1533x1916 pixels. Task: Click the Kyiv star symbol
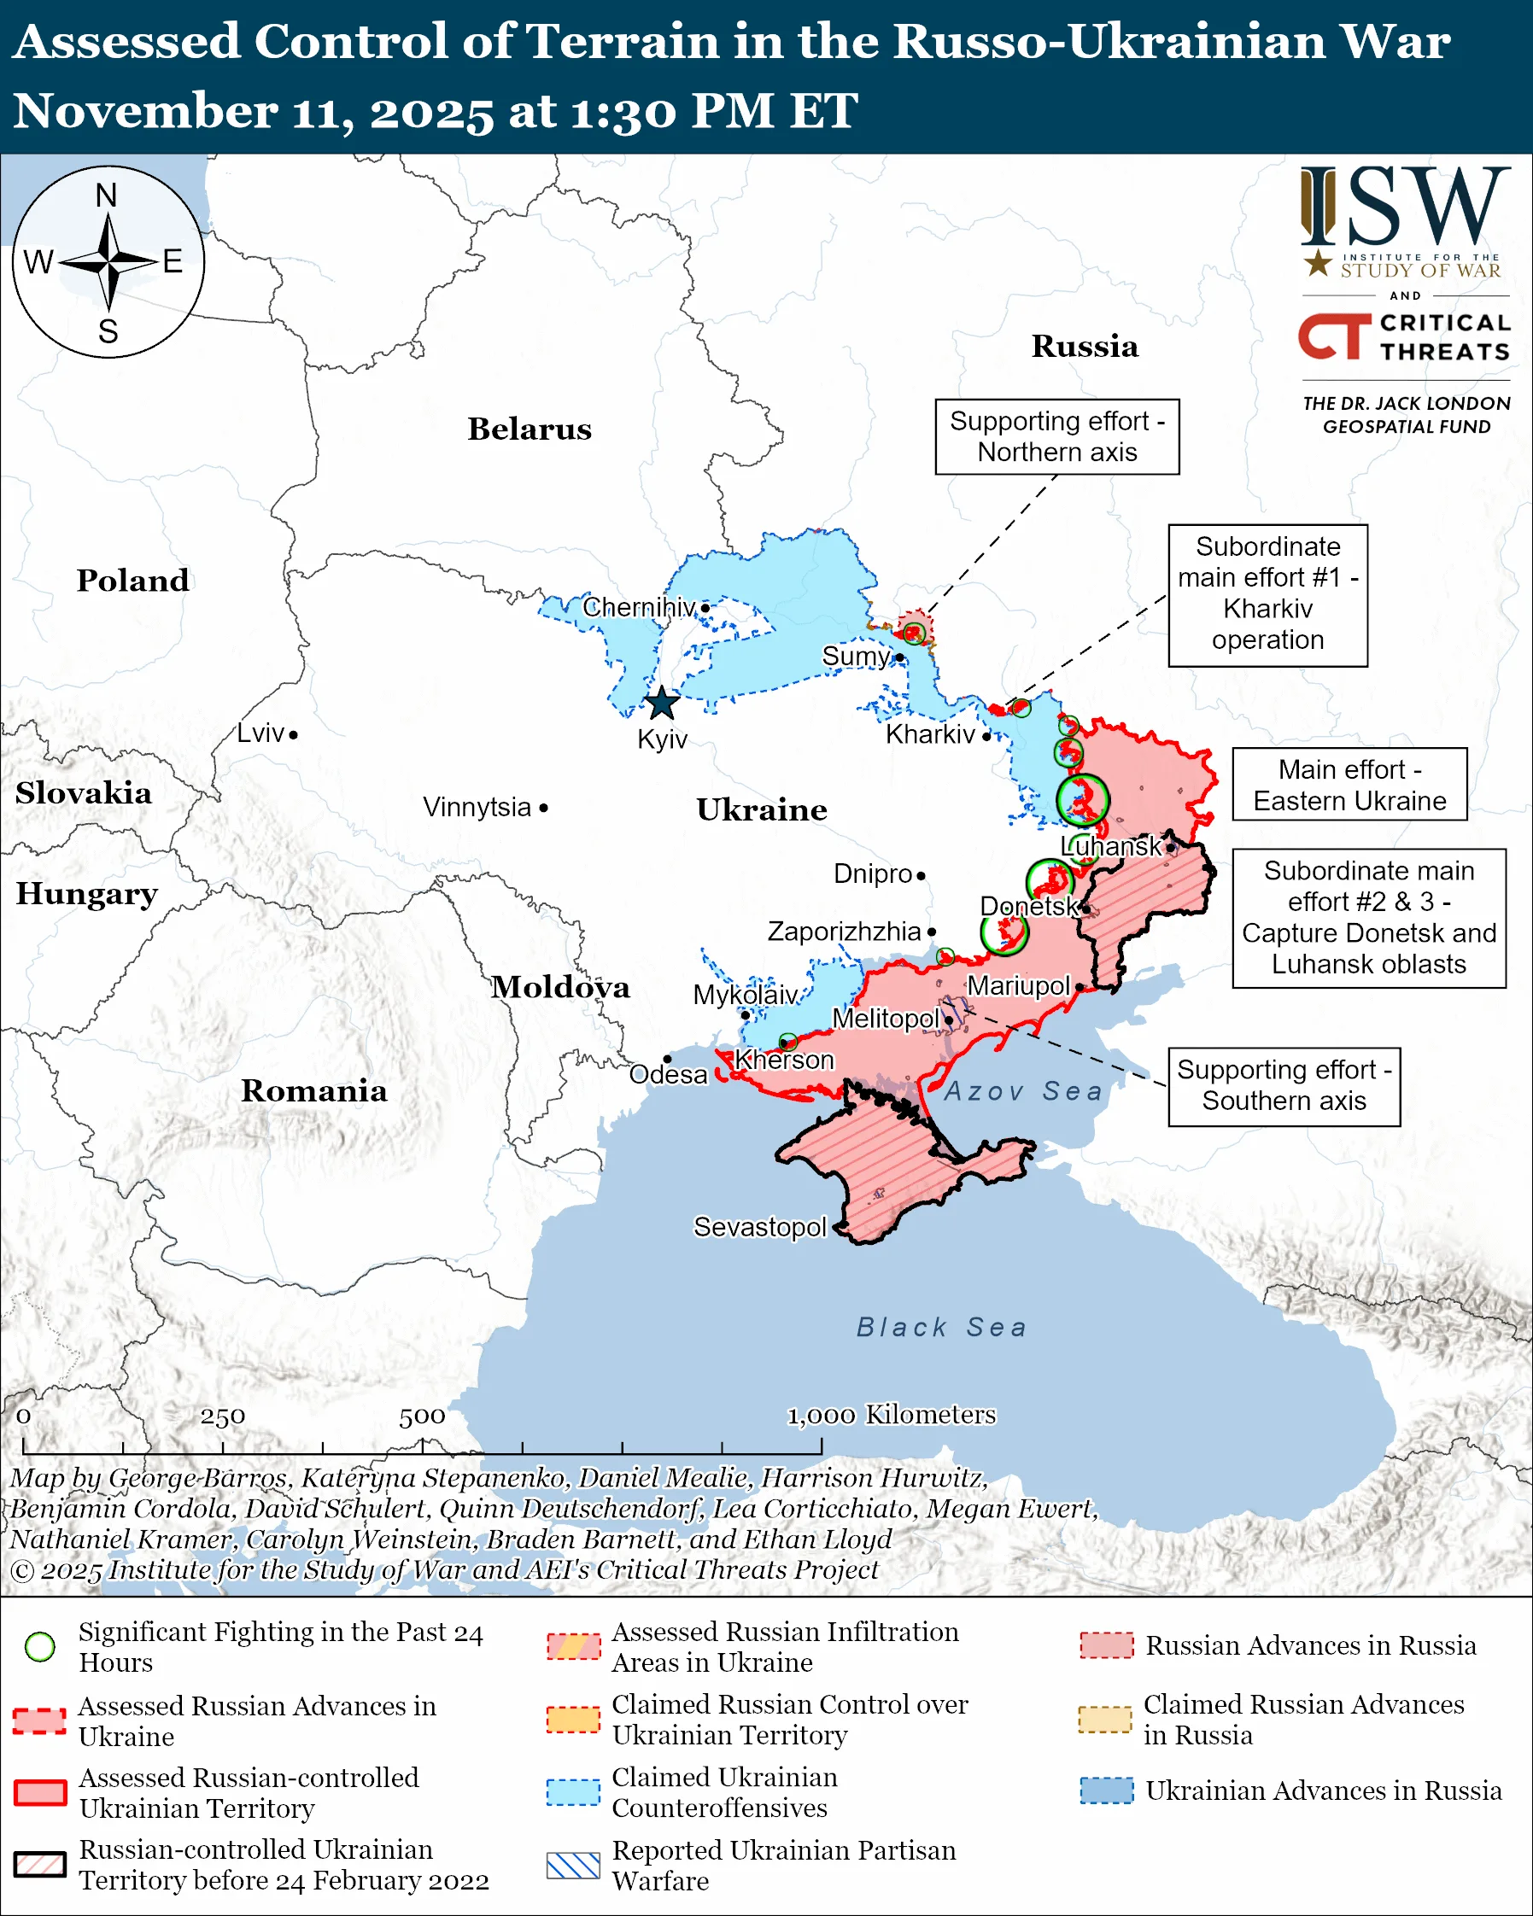point(661,704)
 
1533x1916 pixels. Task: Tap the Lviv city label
point(260,733)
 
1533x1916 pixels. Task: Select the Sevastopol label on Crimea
point(760,1227)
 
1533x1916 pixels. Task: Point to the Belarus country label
point(530,429)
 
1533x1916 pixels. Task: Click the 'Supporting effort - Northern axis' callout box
point(1056,436)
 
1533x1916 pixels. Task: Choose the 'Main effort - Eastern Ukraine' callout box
point(1349,785)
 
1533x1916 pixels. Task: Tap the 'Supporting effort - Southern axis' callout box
point(1284,1086)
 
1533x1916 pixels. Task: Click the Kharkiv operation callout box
point(1267,593)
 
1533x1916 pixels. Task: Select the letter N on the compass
point(107,196)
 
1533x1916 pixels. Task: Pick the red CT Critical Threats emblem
point(1334,336)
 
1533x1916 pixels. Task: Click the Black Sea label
point(941,1328)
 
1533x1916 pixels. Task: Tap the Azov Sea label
point(1023,1091)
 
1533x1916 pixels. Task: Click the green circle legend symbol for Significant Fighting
point(40,1647)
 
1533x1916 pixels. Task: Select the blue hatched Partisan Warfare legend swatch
point(573,1866)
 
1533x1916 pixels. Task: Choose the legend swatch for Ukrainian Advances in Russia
point(1107,1790)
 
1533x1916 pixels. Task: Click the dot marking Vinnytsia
point(544,808)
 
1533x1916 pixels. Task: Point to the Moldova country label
point(561,987)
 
